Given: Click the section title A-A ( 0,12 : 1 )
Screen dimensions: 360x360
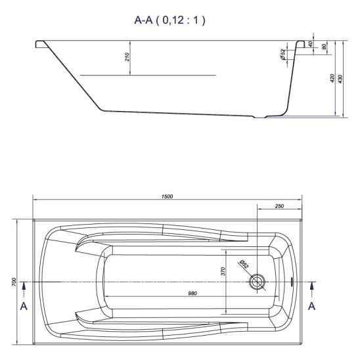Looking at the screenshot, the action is [169, 20].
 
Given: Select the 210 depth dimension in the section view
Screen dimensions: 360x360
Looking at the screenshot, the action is [127, 57].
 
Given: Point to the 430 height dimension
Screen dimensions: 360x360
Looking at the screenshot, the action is [340, 79].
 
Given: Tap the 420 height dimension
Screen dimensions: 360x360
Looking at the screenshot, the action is [332, 78].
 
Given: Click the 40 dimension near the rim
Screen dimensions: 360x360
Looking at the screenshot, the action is [311, 44].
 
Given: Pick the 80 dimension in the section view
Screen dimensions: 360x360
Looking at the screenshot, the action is [324, 47].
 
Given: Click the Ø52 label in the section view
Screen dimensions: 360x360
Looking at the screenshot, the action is [283, 55].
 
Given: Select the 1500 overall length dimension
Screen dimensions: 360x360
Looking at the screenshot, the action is [167, 196].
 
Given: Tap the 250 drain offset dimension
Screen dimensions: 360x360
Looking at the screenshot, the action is [279, 206].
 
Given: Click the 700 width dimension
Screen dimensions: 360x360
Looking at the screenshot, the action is [14, 282].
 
